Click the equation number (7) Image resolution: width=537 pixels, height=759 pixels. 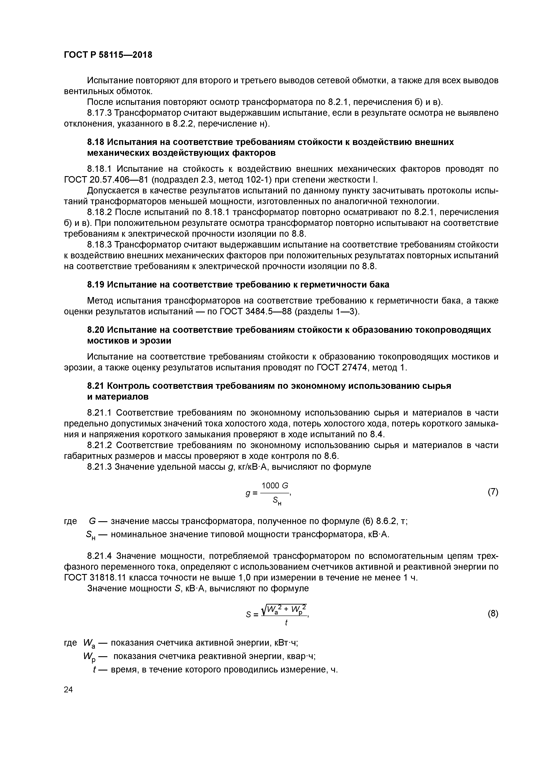pos(493,492)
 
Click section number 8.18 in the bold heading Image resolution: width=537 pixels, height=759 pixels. pos(96,142)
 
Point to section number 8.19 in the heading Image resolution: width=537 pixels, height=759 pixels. pos(96,285)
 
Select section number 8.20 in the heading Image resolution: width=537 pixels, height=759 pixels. pos(96,330)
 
